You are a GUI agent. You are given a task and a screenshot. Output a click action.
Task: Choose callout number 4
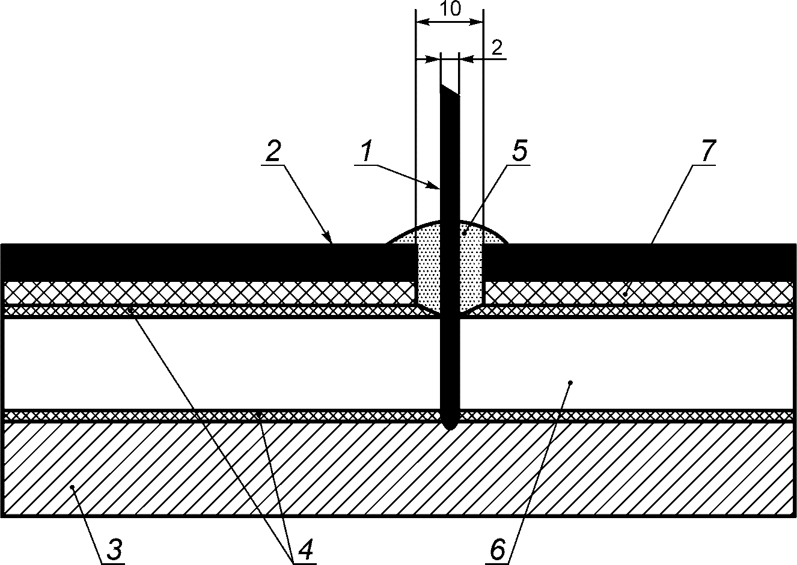tap(305, 548)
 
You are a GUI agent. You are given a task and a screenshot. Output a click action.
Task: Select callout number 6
tap(497, 548)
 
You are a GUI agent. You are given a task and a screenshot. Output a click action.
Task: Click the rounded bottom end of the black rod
tap(449, 423)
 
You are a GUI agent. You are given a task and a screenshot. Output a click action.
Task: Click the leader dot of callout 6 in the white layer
tap(570, 382)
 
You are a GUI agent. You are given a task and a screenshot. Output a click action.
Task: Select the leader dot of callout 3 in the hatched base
tap(72, 487)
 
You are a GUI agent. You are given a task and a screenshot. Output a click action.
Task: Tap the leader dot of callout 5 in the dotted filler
tap(464, 231)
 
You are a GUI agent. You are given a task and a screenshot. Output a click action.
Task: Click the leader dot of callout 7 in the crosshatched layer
tap(625, 294)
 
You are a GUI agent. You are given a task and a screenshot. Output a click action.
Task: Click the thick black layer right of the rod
tap(637, 261)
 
